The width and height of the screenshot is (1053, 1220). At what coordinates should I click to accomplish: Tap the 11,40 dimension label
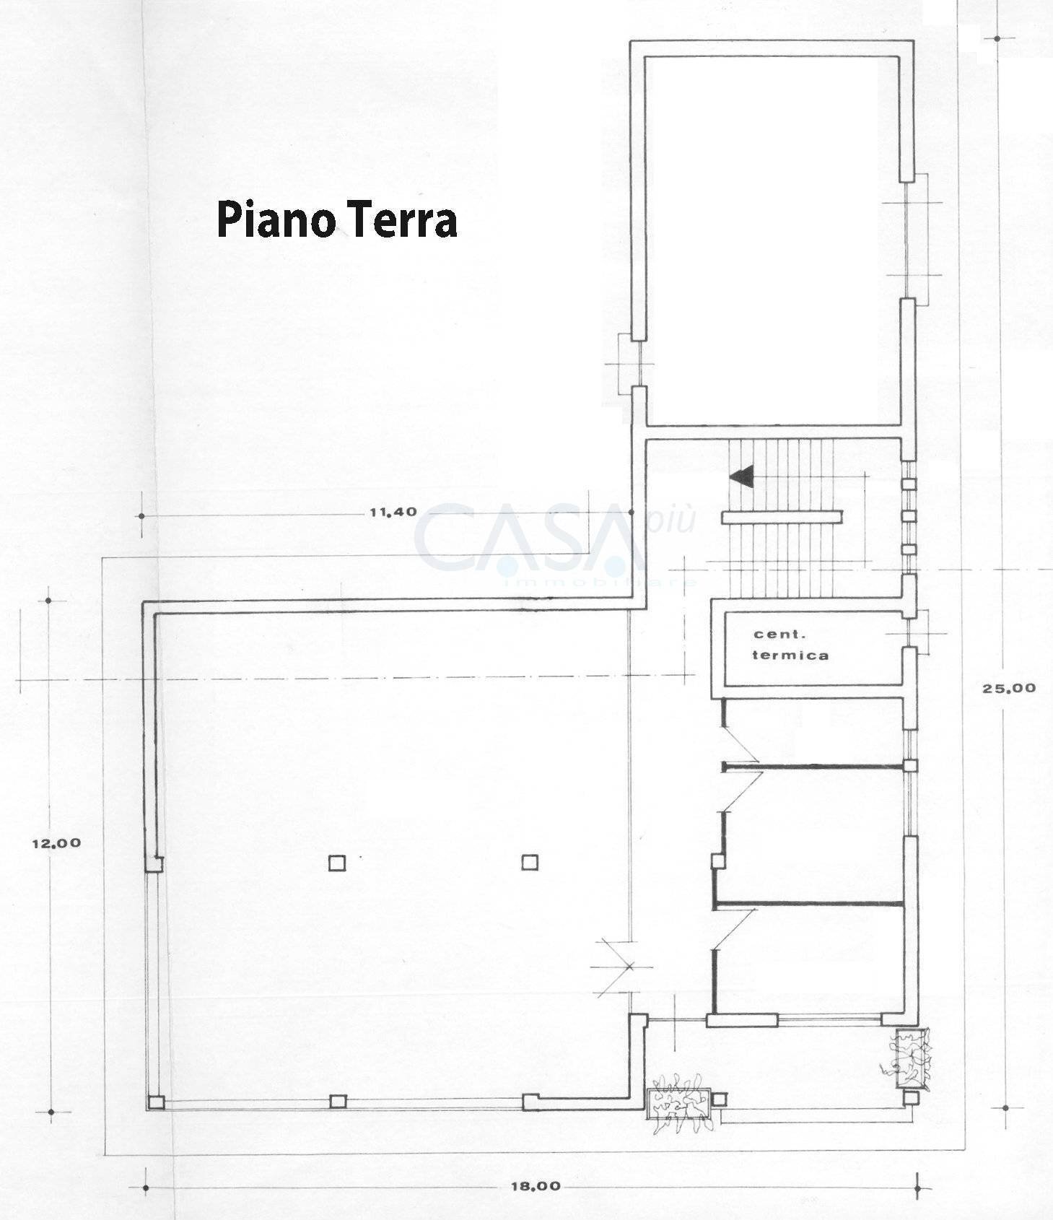click(393, 513)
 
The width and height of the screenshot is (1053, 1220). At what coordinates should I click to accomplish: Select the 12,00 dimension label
click(56, 842)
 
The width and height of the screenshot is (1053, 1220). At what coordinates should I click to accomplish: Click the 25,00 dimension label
click(1008, 688)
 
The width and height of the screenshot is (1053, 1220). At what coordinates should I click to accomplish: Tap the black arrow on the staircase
click(742, 476)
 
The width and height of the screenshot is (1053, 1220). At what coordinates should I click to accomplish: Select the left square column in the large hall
click(337, 863)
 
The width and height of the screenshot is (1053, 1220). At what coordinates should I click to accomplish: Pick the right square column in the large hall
click(530, 862)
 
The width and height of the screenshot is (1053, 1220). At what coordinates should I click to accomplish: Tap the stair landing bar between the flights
click(782, 516)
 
